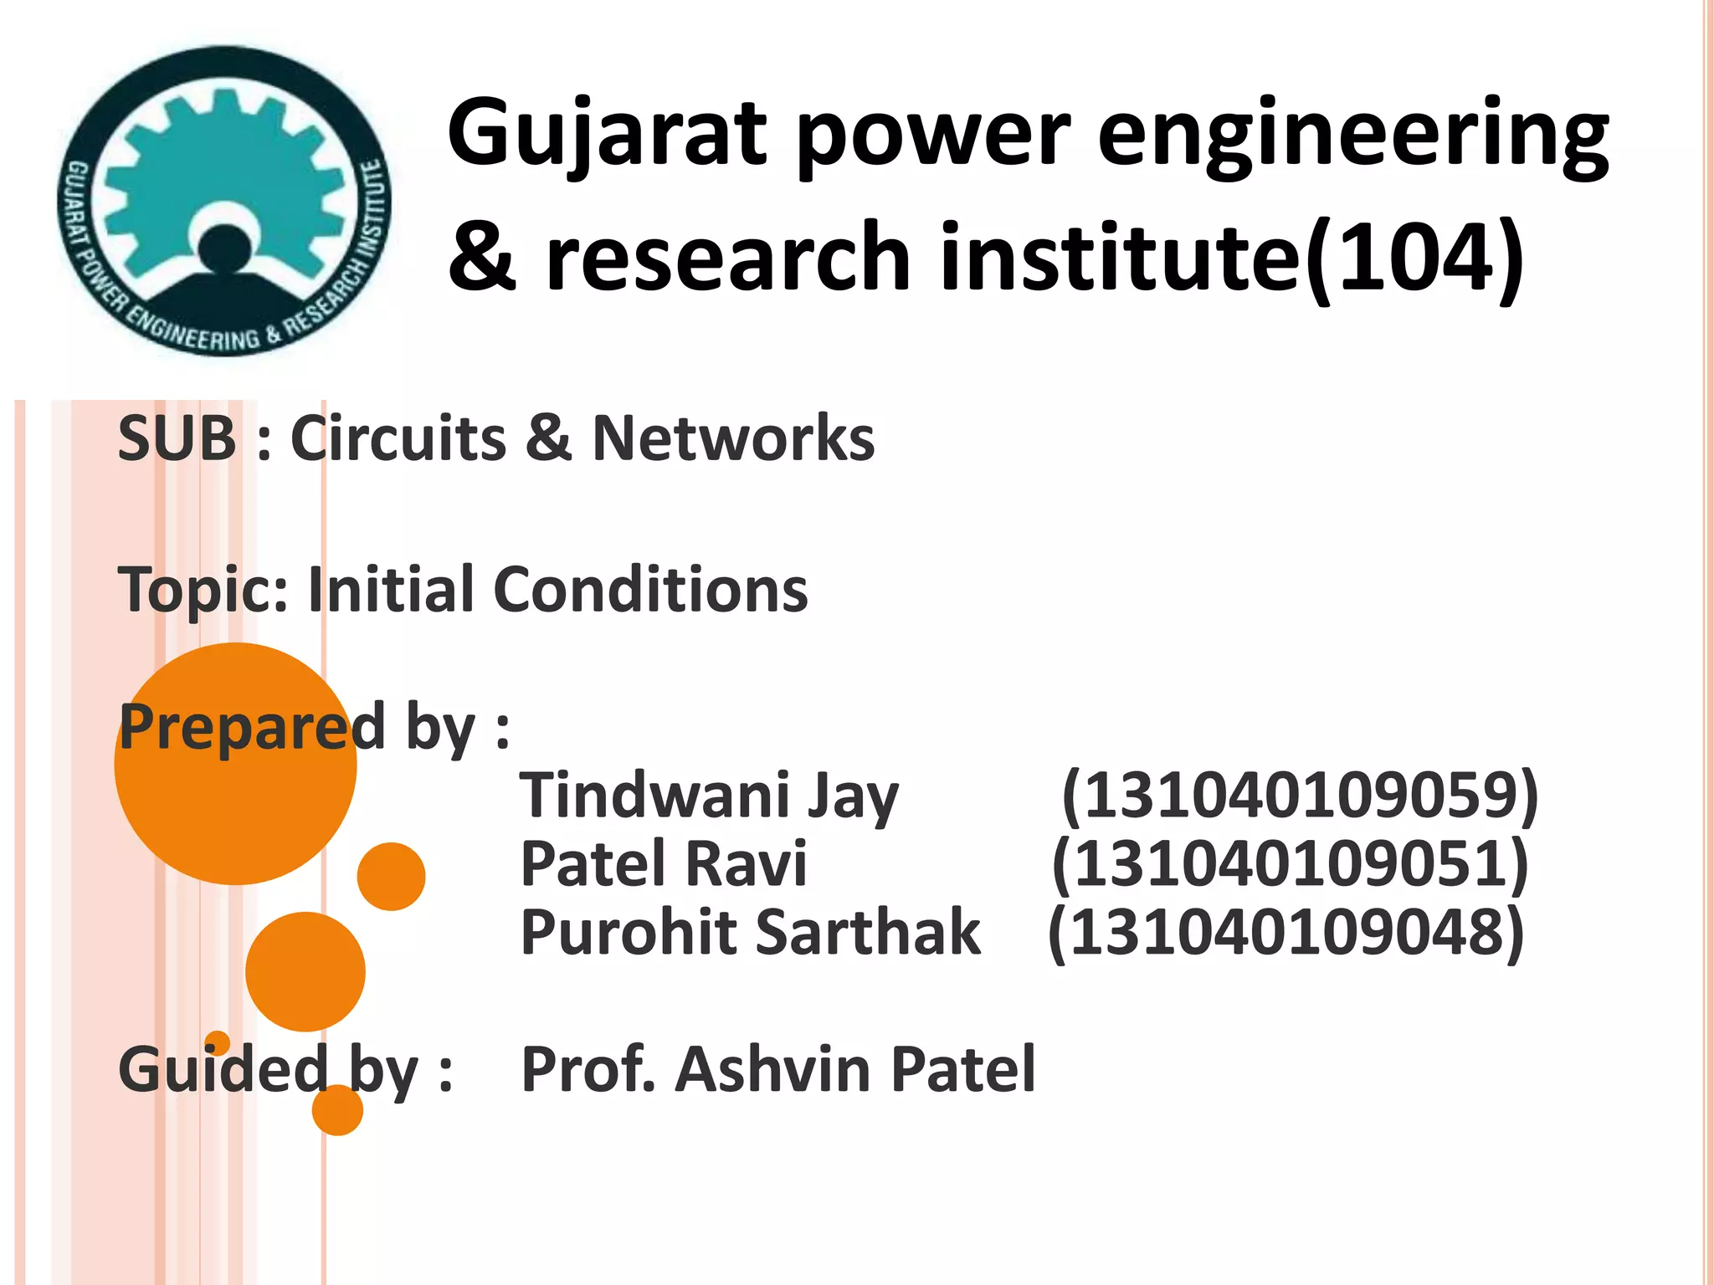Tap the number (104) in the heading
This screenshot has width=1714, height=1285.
[1414, 258]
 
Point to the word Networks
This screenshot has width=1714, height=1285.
[733, 438]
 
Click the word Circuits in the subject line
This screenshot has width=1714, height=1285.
[398, 438]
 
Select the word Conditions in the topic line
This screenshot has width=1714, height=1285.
[650, 590]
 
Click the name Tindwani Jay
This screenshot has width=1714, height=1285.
[709, 796]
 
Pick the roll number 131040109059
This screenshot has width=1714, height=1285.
[1300, 796]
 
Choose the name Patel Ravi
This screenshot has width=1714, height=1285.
[664, 864]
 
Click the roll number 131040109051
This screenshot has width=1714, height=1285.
[1290, 864]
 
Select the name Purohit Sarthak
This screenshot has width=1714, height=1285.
[751, 933]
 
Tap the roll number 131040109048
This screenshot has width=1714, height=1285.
[1286, 933]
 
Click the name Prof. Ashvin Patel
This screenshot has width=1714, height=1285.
[778, 1070]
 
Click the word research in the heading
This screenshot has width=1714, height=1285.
[727, 258]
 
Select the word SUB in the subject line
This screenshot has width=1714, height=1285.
[177, 438]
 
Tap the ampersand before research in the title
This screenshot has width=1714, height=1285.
[482, 258]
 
